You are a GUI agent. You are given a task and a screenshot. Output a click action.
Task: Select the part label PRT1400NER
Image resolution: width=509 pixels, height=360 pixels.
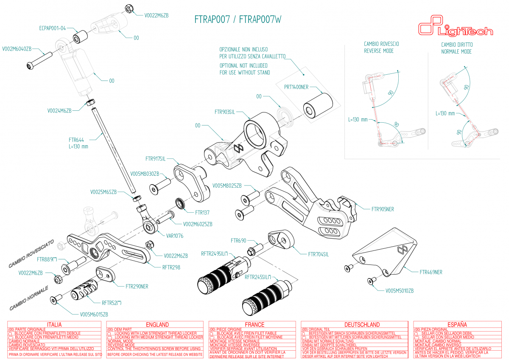tap(296, 87)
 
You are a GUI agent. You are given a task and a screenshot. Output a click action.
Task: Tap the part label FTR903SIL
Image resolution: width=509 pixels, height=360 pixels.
tap(225, 112)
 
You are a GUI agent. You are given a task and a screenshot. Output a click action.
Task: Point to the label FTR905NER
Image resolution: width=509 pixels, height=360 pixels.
tap(383, 209)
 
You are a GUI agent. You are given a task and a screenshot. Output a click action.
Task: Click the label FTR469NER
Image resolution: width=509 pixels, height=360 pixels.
tap(431, 272)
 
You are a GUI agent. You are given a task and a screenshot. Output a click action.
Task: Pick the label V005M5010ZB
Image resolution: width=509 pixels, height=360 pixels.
tap(399, 291)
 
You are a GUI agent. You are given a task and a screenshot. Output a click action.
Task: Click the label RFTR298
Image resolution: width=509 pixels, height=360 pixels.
tap(171, 267)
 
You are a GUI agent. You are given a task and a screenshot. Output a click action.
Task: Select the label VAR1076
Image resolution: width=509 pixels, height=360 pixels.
tap(174, 235)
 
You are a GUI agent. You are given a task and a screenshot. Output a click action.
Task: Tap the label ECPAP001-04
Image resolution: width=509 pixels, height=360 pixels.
tap(52, 28)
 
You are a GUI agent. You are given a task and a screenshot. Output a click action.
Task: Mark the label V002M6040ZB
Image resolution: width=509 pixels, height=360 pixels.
tap(17, 49)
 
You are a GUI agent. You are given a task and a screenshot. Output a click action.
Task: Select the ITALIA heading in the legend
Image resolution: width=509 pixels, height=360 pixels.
tap(54, 324)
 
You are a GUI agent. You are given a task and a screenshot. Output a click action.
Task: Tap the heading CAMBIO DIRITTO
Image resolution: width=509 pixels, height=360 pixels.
tap(457, 45)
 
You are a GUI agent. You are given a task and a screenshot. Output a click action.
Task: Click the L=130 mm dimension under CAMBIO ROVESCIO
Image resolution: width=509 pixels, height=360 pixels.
tap(358, 119)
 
